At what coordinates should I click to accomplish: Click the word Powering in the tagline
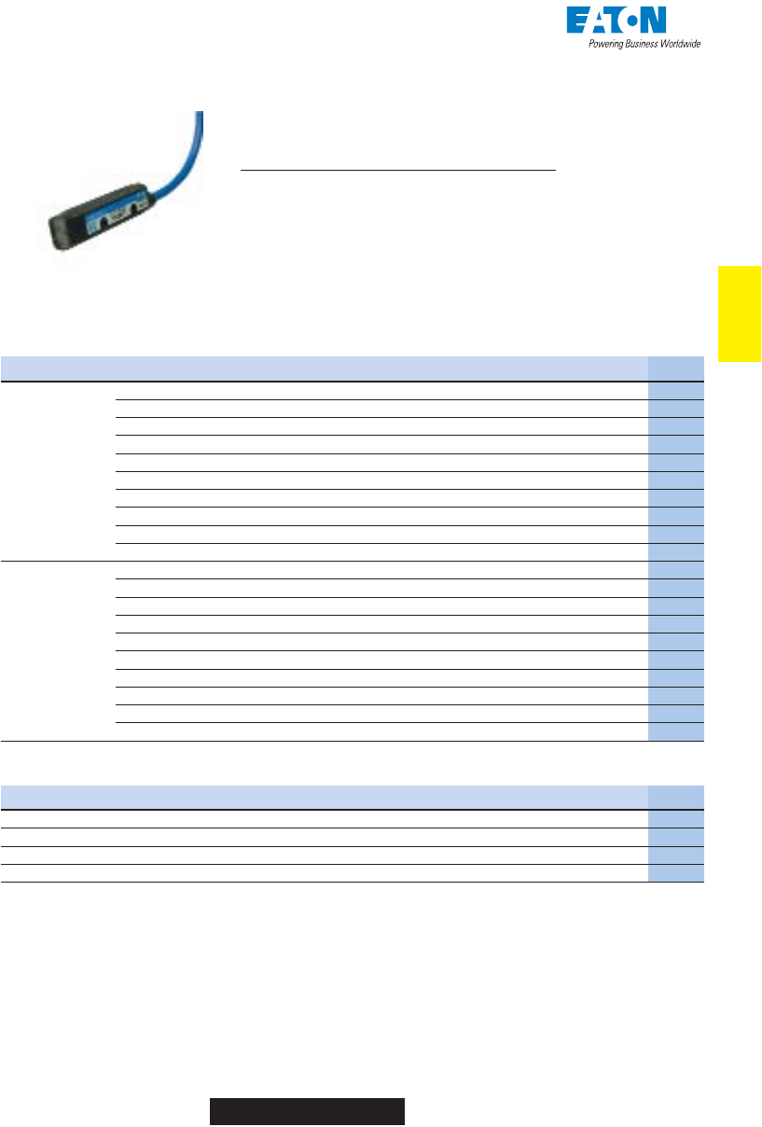(x=608, y=44)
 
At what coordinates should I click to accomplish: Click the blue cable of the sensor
(x=186, y=169)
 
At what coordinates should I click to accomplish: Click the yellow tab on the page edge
(x=739, y=313)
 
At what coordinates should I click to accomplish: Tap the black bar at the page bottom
(x=306, y=1112)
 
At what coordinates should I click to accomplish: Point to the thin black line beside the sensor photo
(x=397, y=172)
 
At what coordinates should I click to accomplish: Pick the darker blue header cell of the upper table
(x=676, y=369)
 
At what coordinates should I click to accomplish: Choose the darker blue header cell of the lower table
(x=676, y=798)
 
